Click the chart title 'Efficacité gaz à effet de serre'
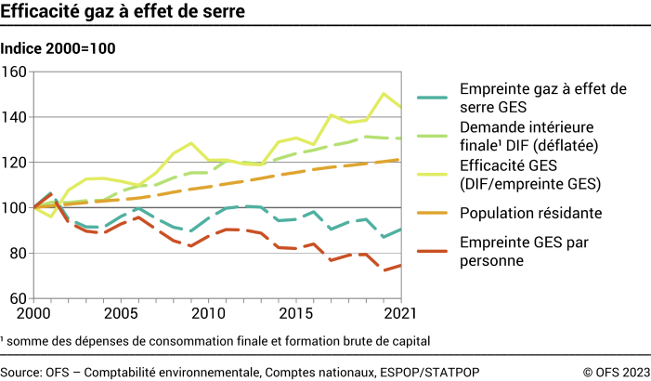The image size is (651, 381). pos(124,13)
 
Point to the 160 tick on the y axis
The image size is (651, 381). pos(16,72)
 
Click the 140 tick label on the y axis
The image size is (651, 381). pos(16,117)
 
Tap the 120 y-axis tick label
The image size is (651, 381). pos(16,163)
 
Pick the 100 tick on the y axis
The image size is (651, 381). pos(16,208)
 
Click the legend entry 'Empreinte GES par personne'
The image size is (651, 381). pos(527,253)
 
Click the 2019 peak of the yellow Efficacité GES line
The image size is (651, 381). pos(384,93)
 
